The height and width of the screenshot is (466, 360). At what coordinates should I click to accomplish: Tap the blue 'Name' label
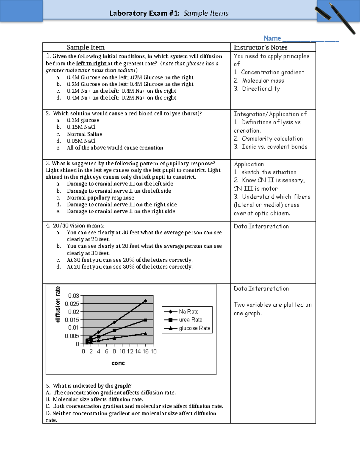(272, 38)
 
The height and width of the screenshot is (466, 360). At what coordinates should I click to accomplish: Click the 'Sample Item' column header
(86, 47)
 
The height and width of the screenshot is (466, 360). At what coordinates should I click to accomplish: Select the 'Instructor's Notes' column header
(260, 47)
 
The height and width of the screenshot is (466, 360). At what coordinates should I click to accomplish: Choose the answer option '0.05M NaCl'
(81, 141)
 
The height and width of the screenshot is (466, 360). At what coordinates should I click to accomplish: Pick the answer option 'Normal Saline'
(85, 134)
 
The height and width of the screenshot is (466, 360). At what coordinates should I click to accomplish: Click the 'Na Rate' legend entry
(188, 312)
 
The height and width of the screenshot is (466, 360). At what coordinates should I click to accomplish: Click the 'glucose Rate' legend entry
(194, 328)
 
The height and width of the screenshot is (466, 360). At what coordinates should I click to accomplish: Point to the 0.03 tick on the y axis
(73, 296)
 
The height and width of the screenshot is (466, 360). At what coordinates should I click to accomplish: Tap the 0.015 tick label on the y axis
(72, 320)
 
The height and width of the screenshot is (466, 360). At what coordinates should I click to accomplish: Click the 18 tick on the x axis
(154, 351)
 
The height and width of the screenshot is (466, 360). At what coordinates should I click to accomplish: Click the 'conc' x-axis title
(118, 363)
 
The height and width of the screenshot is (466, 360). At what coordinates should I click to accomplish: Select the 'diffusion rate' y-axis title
(58, 305)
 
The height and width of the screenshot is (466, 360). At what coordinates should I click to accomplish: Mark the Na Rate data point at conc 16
(145, 301)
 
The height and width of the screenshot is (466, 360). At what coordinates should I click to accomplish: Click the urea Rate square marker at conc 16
(145, 320)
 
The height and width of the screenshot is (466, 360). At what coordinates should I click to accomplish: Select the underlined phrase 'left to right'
(91, 63)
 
